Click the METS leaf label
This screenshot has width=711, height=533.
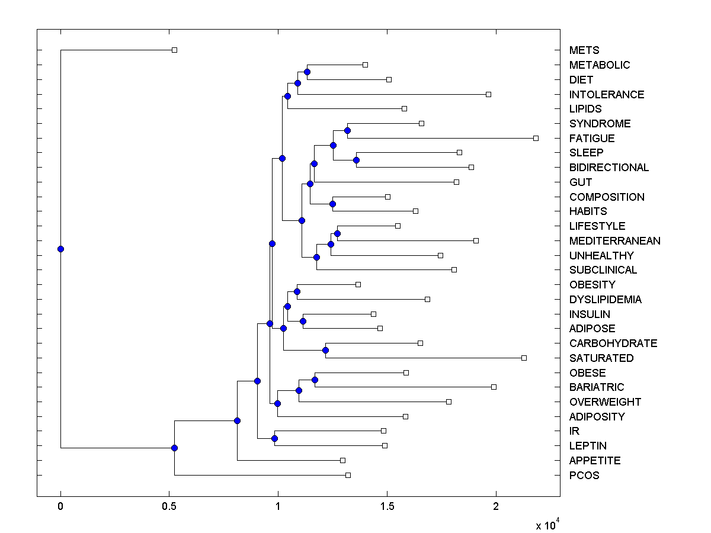click(x=584, y=50)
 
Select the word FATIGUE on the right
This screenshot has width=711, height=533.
click(x=592, y=138)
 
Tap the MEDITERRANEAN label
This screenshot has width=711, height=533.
click(x=614, y=240)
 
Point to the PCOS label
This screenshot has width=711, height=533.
click(x=584, y=475)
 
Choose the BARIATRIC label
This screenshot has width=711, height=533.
click(x=597, y=387)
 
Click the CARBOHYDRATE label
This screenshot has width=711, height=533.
click(x=613, y=343)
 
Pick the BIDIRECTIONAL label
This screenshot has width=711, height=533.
click(x=609, y=168)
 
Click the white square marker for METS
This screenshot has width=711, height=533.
click(x=174, y=50)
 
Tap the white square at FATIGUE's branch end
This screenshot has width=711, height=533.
click(x=536, y=138)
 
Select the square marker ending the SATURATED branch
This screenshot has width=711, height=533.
click(x=524, y=358)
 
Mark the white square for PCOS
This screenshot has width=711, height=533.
click(x=348, y=475)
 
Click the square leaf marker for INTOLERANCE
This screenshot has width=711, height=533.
click(x=488, y=94)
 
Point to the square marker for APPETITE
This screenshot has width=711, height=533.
click(x=342, y=460)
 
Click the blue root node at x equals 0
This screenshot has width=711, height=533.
click(x=60, y=249)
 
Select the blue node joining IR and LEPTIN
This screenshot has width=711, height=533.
click(x=274, y=438)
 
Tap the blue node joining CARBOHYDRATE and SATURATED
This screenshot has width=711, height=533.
click(x=325, y=350)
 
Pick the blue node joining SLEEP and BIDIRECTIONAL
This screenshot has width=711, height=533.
click(x=356, y=160)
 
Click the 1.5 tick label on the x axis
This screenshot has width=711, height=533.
click(x=387, y=507)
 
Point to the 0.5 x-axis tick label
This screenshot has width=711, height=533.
click(x=169, y=507)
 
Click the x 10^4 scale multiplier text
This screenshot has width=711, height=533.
click(x=548, y=525)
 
